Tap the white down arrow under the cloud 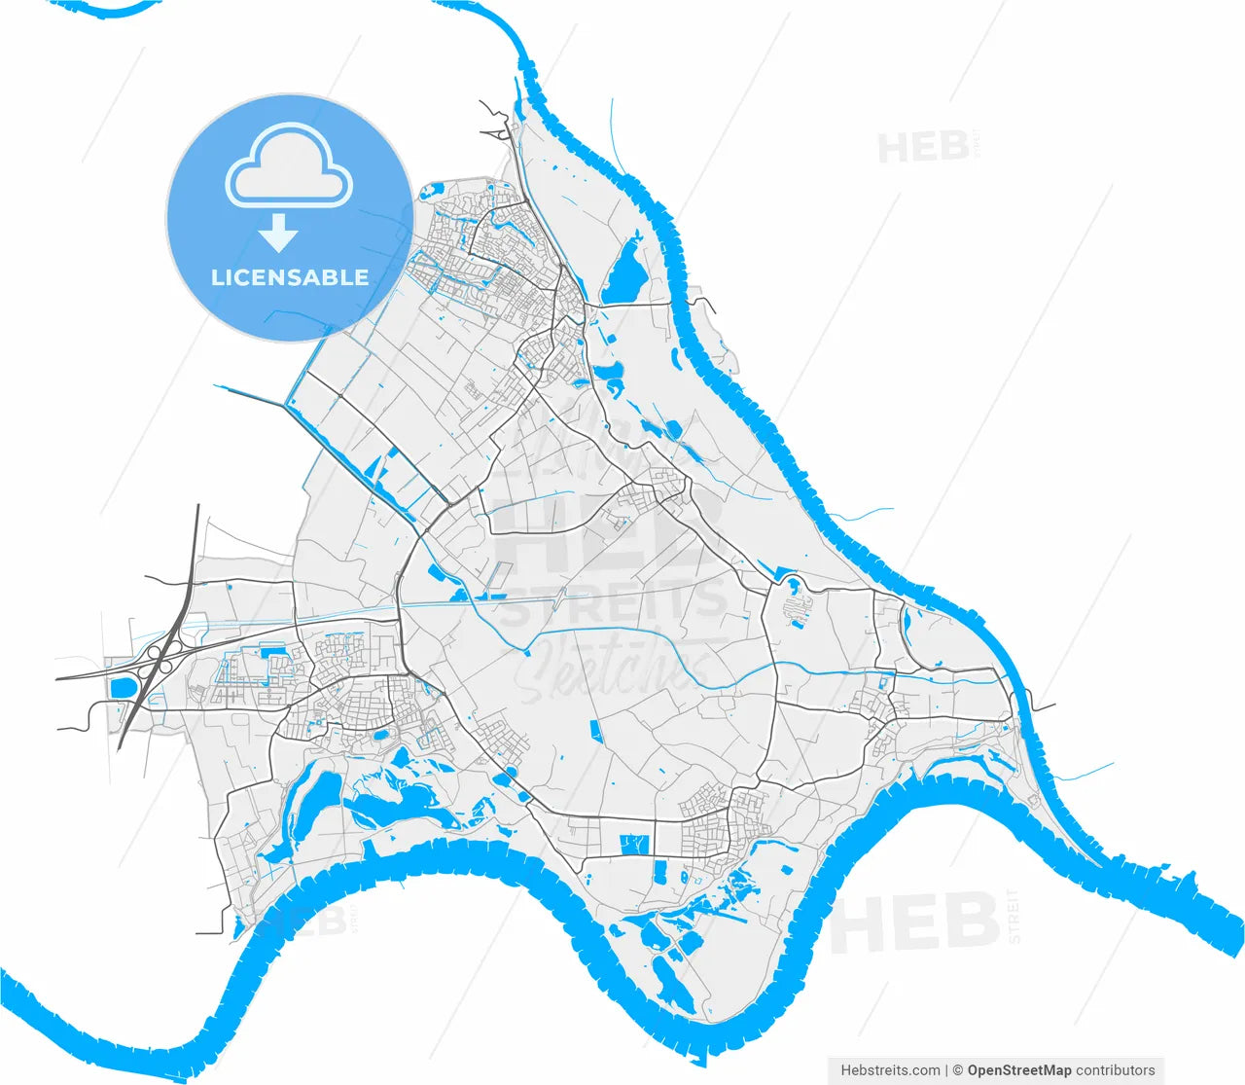[x=278, y=234]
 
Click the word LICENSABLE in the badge [x=290, y=277]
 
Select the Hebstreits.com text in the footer [x=890, y=1070]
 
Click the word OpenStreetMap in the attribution [x=1019, y=1070]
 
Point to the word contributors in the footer [x=1116, y=1070]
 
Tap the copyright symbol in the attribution [x=957, y=1070]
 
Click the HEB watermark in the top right [x=923, y=148]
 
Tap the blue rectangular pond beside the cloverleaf [x=124, y=688]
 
